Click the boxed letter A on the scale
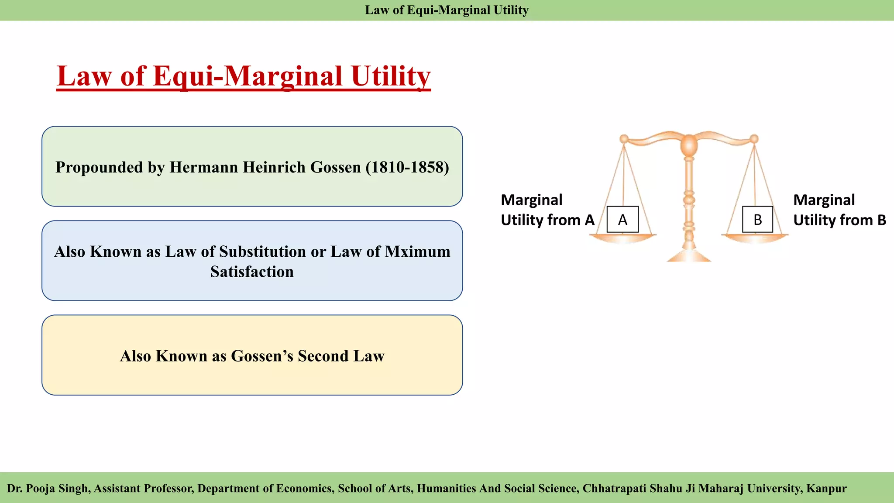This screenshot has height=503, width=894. [x=622, y=219]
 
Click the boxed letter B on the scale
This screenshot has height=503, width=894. [x=757, y=219]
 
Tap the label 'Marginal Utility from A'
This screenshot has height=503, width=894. [x=547, y=210]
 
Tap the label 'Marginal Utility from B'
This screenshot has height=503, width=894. [x=839, y=210]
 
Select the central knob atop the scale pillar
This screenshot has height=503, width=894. [x=689, y=144]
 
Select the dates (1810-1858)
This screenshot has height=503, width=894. [x=407, y=167]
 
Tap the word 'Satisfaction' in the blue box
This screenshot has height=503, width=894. [x=252, y=272]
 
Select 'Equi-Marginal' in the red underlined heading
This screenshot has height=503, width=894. [x=248, y=76]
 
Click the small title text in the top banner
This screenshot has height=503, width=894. [x=447, y=10]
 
